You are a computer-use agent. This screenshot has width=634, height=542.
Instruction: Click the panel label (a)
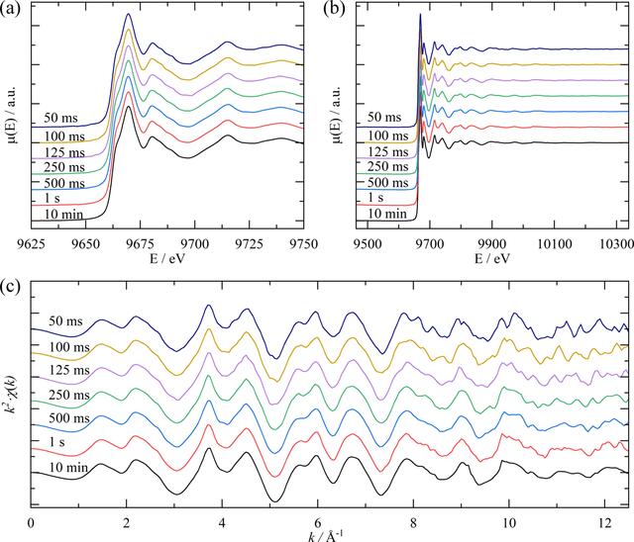coord(10,9)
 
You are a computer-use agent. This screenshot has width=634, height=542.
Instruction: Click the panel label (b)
coord(335,9)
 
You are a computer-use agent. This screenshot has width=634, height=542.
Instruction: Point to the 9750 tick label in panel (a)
coord(303,244)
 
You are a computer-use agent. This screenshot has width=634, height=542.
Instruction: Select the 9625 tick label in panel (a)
coord(31,244)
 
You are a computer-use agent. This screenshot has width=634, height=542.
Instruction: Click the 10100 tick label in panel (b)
coord(554,244)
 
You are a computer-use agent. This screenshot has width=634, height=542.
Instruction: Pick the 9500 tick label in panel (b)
coord(368,244)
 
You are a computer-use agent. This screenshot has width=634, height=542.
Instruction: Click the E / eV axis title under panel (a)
coord(167,259)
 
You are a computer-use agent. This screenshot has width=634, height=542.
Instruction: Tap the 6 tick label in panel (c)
coord(318,523)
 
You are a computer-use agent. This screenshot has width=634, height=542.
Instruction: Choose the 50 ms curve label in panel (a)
coord(60,118)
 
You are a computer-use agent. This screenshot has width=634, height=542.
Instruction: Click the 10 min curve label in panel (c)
coord(68,468)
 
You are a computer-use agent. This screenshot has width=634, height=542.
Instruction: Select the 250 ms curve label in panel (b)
coord(387,166)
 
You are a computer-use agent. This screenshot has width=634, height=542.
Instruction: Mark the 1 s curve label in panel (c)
coord(56,442)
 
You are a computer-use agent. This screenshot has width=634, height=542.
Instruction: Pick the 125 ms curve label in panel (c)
coord(69,370)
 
